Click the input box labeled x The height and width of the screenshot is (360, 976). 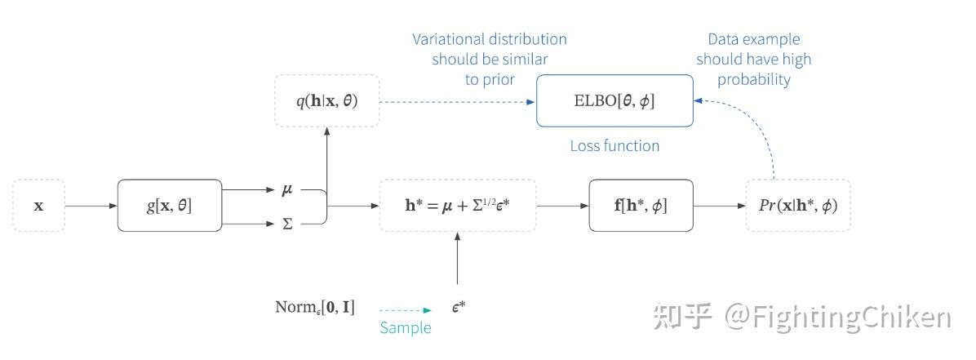tap(38, 206)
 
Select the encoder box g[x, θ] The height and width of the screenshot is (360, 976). tap(170, 206)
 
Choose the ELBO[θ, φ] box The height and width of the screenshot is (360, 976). tap(614, 101)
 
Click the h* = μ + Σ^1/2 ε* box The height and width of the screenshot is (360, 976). tap(458, 206)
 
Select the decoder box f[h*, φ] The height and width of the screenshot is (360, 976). tap(641, 206)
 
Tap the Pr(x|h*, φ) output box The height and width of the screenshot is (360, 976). tap(798, 206)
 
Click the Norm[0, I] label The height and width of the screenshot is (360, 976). tap(314, 309)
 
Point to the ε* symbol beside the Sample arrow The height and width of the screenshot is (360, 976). tap(458, 309)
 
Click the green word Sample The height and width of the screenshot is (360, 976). tap(406, 327)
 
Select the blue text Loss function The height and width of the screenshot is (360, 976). tap(614, 146)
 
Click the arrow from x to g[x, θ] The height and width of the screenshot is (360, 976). tap(91, 206)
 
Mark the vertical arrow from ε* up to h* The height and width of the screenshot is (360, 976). tap(458, 260)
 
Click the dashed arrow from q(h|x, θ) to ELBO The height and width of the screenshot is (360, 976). tap(457, 102)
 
